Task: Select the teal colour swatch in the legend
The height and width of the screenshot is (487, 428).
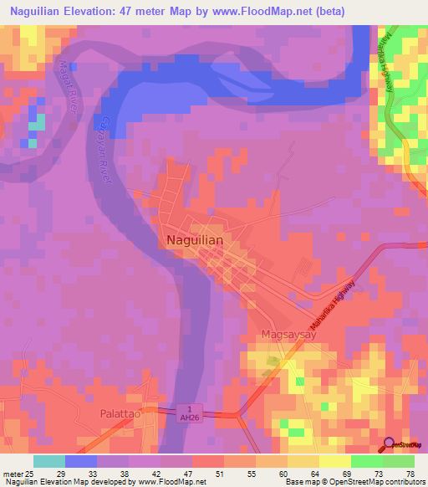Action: coord(48,461)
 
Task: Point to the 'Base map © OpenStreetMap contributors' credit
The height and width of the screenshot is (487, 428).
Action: coord(354,482)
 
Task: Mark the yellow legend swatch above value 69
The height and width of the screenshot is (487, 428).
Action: coord(334,461)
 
